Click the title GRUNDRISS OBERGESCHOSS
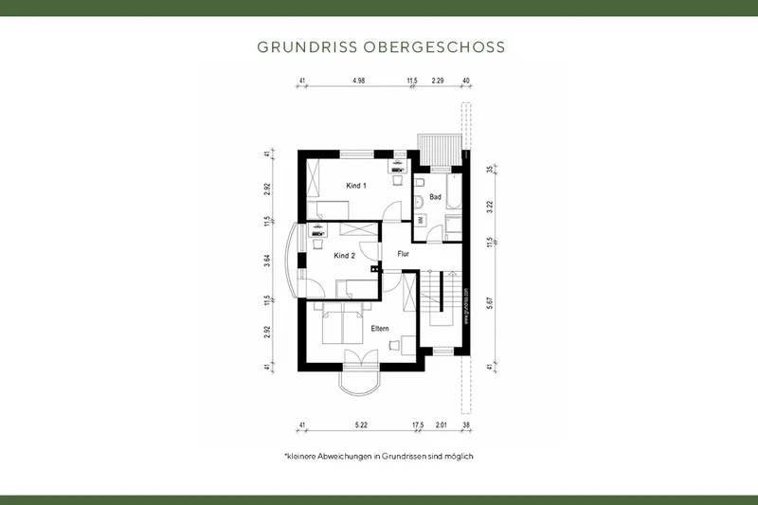379,45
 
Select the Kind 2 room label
344,255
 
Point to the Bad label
435,197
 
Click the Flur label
402,253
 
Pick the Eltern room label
380,328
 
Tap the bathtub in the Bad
453,190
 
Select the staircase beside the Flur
442,297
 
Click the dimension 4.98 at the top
358,81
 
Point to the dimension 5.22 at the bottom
360,425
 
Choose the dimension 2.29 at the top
437,81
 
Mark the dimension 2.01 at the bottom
441,425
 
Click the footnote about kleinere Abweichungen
379,457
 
